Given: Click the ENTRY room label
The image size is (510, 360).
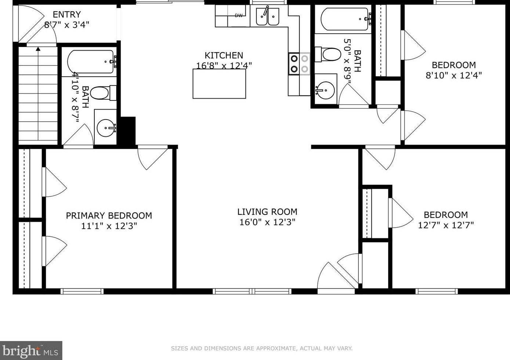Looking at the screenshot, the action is click(x=67, y=15).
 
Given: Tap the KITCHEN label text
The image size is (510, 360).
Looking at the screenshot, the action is click(x=224, y=55).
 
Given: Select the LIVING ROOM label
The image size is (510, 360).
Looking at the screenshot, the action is click(x=267, y=212).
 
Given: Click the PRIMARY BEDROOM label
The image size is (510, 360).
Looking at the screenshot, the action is click(x=109, y=215).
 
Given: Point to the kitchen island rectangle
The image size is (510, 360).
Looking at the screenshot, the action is click(x=219, y=84).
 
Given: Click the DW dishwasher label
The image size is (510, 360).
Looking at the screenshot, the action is click(x=238, y=15).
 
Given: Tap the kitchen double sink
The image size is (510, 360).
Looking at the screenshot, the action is click(x=267, y=17).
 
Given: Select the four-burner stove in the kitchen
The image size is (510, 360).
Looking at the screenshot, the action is click(x=299, y=64).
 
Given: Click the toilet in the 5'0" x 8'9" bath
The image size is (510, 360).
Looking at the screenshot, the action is click(x=328, y=54).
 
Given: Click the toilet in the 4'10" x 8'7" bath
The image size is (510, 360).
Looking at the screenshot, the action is click(x=103, y=93).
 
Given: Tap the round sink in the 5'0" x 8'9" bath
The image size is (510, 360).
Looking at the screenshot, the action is click(x=325, y=90).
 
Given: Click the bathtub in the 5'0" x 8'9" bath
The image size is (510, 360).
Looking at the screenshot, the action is click(x=345, y=19).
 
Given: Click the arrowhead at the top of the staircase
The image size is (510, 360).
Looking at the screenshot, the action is click(x=38, y=49).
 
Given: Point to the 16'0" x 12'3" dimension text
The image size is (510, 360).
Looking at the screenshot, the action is click(x=267, y=222).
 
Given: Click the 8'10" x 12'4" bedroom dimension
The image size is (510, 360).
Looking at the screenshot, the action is click(x=454, y=75).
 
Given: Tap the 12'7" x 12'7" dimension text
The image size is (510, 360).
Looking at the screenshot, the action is click(x=446, y=225).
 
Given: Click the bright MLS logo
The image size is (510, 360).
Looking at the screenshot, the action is click(x=31, y=350).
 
